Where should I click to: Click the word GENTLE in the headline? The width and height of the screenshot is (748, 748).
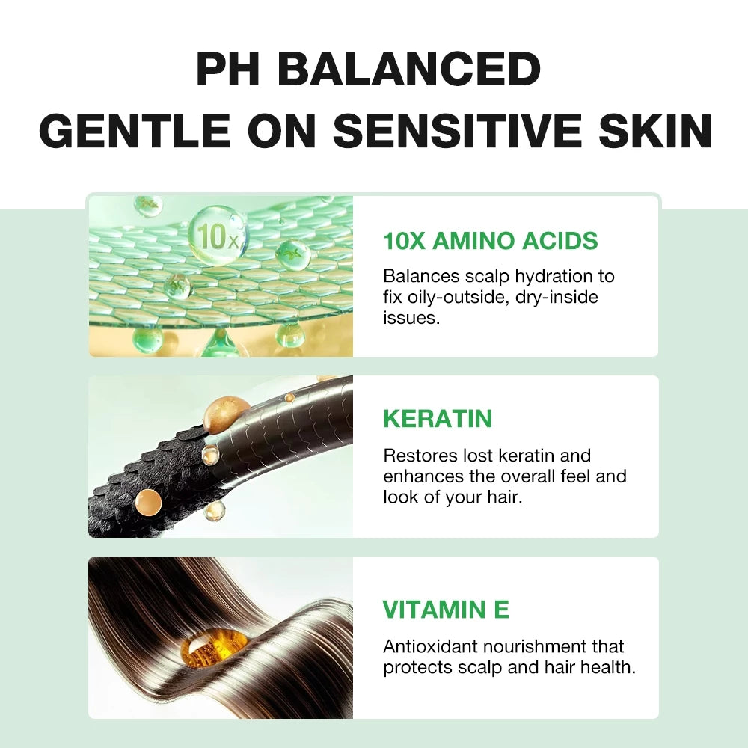click(135, 132)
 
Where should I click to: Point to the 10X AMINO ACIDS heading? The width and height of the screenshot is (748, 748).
click(491, 241)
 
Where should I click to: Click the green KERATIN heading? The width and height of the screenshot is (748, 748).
click(438, 419)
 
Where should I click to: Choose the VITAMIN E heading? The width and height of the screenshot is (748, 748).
click(446, 610)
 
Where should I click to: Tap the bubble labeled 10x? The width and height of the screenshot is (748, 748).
click(217, 235)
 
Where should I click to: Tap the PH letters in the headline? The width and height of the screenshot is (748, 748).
click(231, 70)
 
